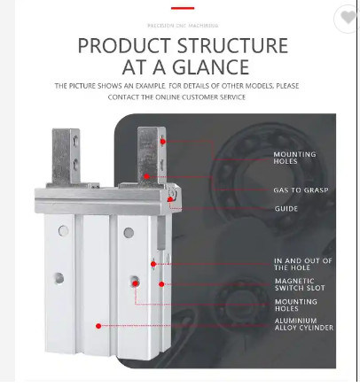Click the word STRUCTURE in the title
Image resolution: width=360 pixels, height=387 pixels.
(x=232, y=46)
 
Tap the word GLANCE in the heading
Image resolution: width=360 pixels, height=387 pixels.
(x=210, y=67)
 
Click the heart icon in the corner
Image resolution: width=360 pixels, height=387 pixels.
(x=348, y=17)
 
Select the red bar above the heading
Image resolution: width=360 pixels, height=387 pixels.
(x=183, y=8)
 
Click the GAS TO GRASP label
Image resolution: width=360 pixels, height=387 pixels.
(x=301, y=190)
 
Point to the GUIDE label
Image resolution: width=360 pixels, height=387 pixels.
(x=286, y=209)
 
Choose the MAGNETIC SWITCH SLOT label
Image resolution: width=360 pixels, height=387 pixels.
(x=300, y=284)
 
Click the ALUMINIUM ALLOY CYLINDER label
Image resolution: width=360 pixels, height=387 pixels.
(x=304, y=324)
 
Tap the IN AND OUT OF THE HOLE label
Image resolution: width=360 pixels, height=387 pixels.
(x=303, y=264)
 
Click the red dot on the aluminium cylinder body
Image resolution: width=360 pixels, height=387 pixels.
(x=98, y=326)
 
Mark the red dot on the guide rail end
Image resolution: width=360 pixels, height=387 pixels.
(x=170, y=199)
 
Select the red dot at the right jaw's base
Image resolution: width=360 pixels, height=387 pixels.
(x=146, y=176)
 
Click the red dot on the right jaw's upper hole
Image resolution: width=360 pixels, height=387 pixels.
(x=162, y=142)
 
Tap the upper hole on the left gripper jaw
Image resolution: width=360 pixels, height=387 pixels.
(x=75, y=139)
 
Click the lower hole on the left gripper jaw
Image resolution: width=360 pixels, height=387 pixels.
(x=75, y=162)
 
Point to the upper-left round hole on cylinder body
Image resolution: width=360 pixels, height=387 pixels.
(x=63, y=230)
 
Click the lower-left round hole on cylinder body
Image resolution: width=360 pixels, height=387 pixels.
(x=59, y=278)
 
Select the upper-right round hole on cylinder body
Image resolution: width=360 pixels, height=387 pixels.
(x=129, y=233)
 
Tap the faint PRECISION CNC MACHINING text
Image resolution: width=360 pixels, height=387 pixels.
(x=183, y=26)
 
